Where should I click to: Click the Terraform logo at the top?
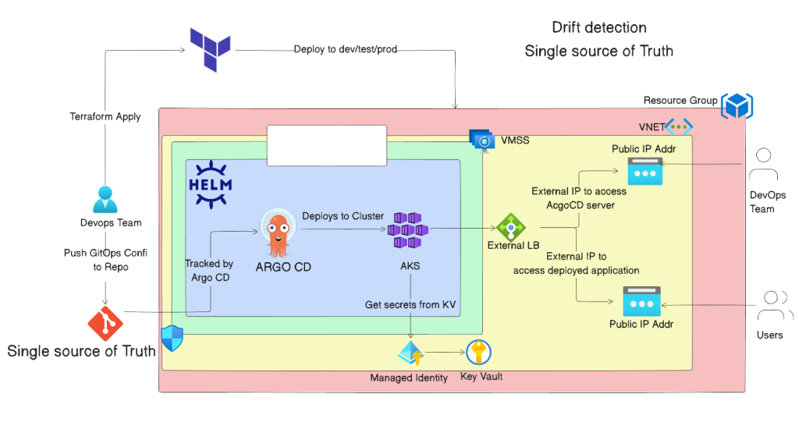click(x=211, y=44)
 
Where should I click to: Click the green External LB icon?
click(x=511, y=227)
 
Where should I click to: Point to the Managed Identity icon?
click(x=410, y=353)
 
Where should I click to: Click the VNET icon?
click(x=678, y=126)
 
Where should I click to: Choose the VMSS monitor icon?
click(x=482, y=140)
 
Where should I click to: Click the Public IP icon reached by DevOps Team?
click(x=645, y=171)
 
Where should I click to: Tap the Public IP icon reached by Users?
click(x=641, y=301)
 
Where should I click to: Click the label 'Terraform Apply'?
click(x=105, y=116)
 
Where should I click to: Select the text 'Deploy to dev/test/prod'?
click(x=345, y=49)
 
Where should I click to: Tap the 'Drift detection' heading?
click(x=598, y=27)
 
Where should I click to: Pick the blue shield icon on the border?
click(x=172, y=339)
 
